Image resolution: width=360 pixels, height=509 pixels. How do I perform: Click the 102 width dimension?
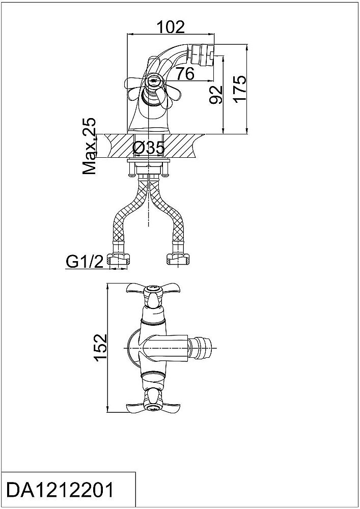point(171,27)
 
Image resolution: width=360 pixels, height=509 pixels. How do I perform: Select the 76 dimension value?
point(185,73)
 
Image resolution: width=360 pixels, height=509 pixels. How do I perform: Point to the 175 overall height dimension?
point(240,90)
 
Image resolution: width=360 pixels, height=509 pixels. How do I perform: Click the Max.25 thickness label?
point(90,146)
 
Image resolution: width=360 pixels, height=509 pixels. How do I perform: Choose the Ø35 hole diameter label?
point(149,148)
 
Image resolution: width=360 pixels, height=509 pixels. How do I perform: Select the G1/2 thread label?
point(85,262)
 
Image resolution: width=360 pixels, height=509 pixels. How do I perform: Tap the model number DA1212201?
point(61,490)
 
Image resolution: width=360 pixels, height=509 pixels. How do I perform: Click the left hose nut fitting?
point(118,259)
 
